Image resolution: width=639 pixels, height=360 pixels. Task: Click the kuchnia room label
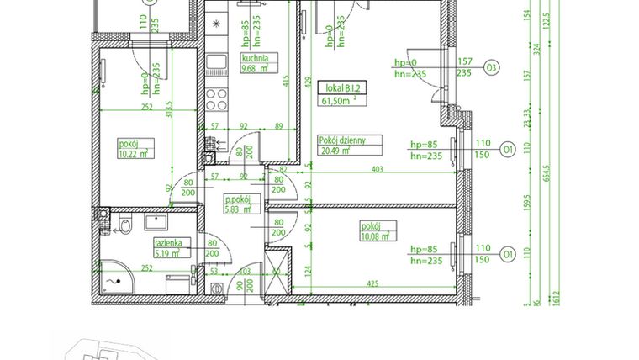pos(254,59)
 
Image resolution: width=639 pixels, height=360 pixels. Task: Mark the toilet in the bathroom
pos(124,225)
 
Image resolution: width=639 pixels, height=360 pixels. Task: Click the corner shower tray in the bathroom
pos(113,273)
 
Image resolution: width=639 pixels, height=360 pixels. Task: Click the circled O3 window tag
pos(491,66)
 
